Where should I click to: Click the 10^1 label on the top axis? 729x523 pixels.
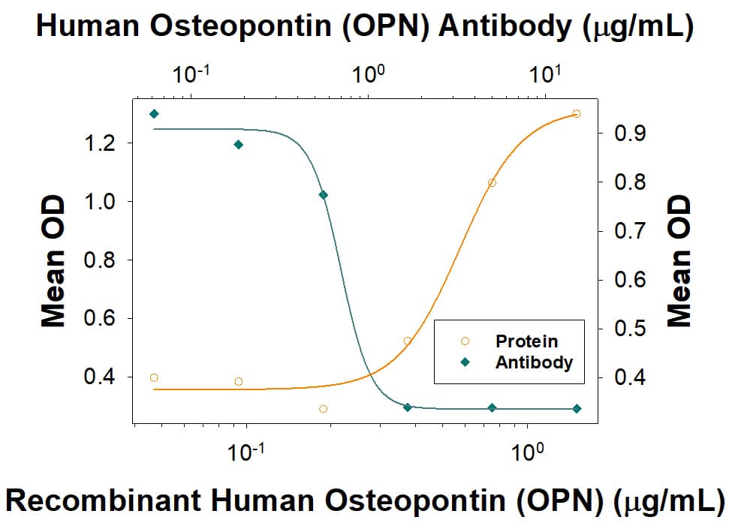[545, 74]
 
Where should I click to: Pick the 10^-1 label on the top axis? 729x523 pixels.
[192, 74]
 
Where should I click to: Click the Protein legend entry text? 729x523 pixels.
[526, 341]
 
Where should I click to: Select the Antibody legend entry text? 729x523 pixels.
[533, 362]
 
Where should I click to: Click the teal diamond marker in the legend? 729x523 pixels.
[465, 362]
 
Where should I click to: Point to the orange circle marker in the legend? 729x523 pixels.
[465, 342]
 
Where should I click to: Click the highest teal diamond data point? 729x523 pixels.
[154, 114]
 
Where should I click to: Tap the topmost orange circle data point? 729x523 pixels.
[576, 114]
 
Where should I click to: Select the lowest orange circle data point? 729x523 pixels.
[323, 409]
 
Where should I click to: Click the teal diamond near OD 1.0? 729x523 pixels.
[323, 195]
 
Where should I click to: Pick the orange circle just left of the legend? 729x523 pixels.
[407, 341]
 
